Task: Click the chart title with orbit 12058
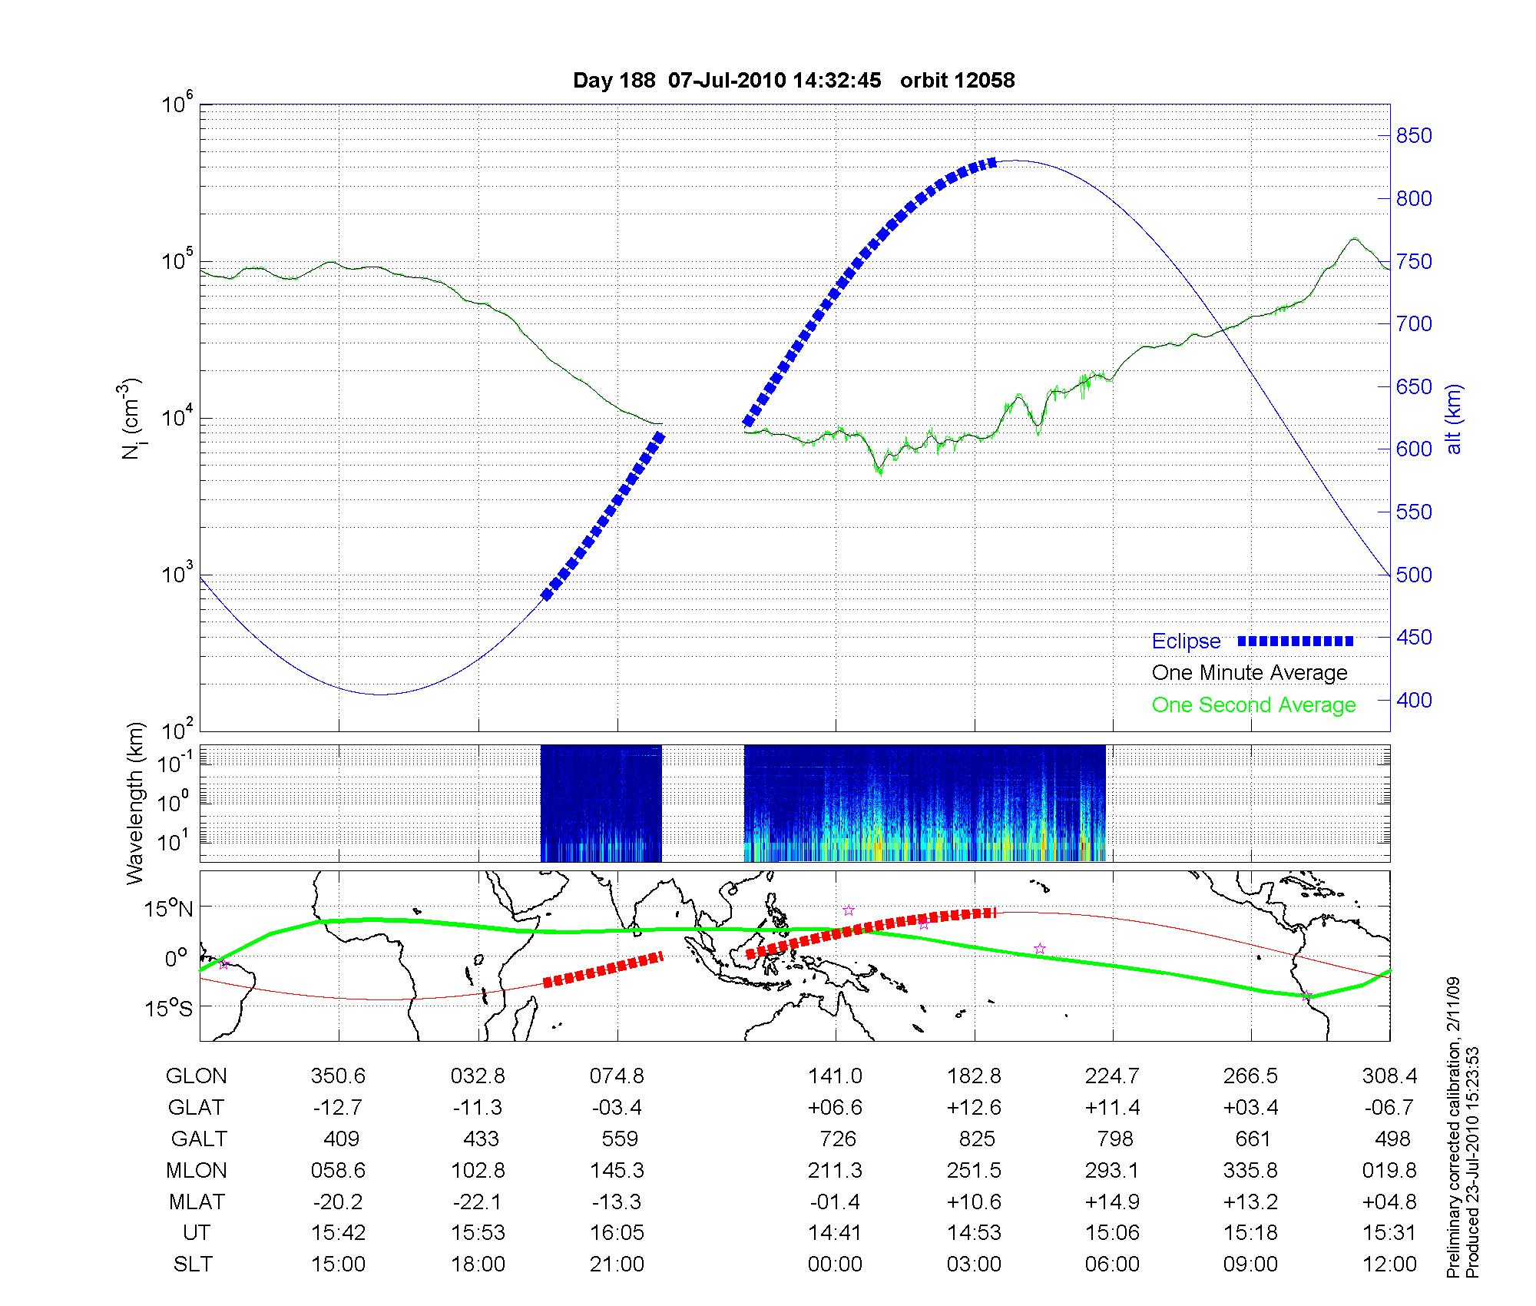793,81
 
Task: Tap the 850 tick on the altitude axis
1414,136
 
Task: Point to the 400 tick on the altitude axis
1414,700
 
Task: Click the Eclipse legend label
1186,641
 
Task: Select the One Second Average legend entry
1253,705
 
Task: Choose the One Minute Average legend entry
1250,673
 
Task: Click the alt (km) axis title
1454,419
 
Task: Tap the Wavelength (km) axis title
136,803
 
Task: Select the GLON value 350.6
338,1076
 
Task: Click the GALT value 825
976,1139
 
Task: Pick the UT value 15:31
1389,1232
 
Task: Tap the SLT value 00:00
835,1264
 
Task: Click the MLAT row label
197,1202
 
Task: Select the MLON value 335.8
1251,1170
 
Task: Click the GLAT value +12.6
975,1108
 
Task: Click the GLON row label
197,1076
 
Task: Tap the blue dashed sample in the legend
1296,641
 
